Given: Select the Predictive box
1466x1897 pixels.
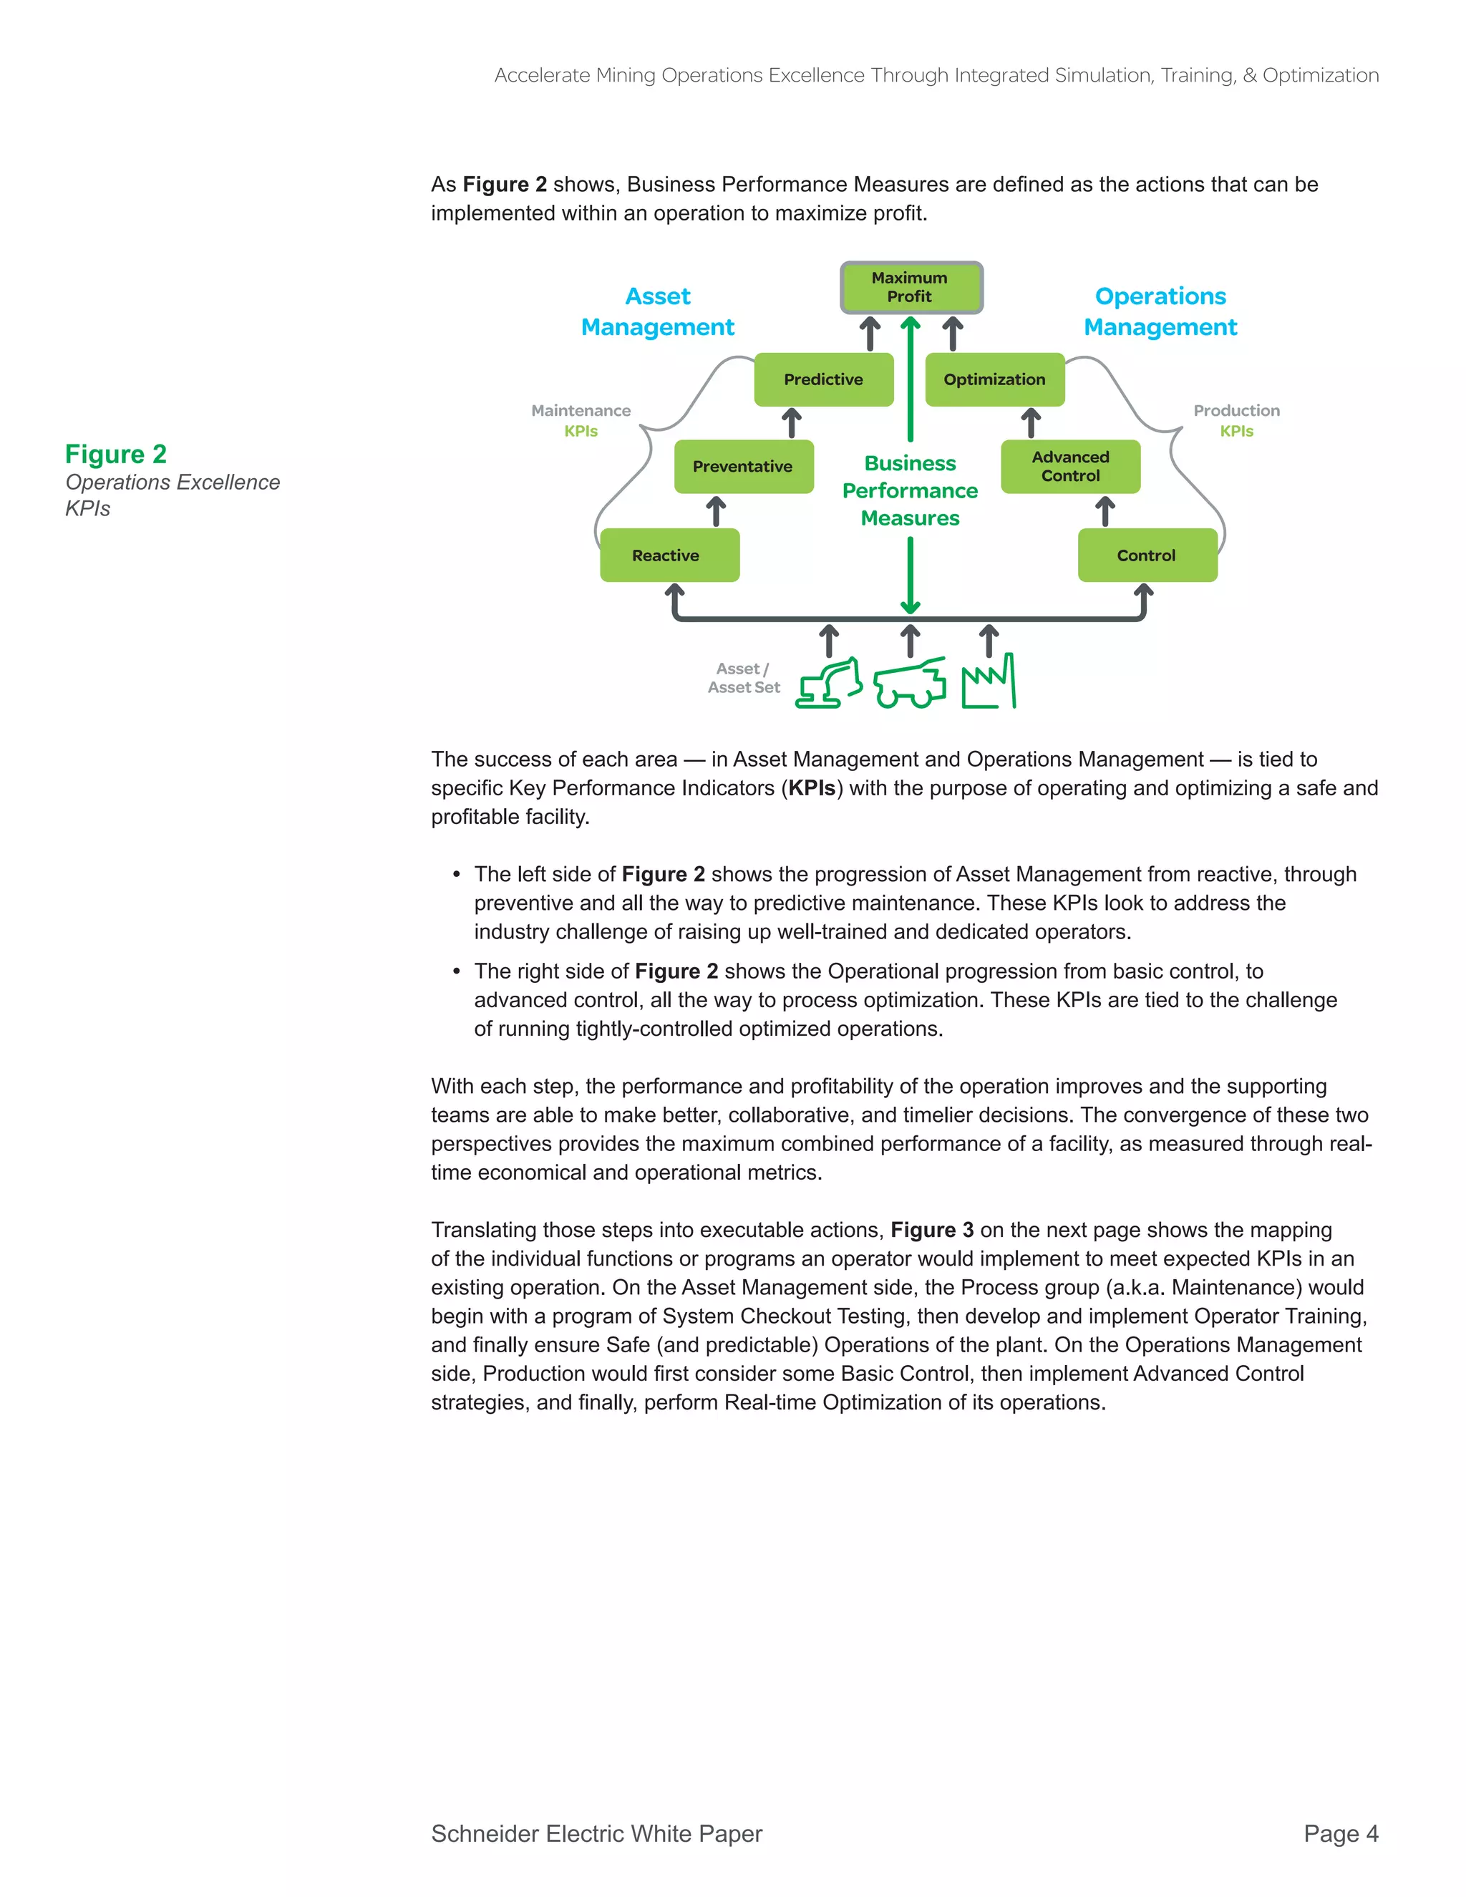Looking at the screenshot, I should (x=823, y=379).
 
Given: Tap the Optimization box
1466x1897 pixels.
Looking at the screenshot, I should (x=994, y=379).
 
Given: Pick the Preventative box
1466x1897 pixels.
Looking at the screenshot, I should (x=744, y=467).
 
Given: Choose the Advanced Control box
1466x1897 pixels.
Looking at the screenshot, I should (x=1070, y=467).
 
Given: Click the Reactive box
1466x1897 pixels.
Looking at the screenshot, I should (x=669, y=555).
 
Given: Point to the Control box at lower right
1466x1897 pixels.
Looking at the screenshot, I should (x=1147, y=555).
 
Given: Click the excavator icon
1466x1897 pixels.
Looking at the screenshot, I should (x=830, y=684).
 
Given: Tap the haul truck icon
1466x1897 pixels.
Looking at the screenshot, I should (x=909, y=684).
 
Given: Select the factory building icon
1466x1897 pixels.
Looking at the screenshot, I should (x=989, y=684).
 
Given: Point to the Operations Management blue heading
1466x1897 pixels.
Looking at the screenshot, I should (x=1160, y=312).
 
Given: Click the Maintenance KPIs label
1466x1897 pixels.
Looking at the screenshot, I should (x=581, y=420).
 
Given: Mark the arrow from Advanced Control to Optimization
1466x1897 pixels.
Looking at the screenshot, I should (x=1030, y=423).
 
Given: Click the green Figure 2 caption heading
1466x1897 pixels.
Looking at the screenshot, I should (x=115, y=455).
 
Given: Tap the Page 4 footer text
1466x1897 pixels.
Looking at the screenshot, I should (x=1340, y=1833).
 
